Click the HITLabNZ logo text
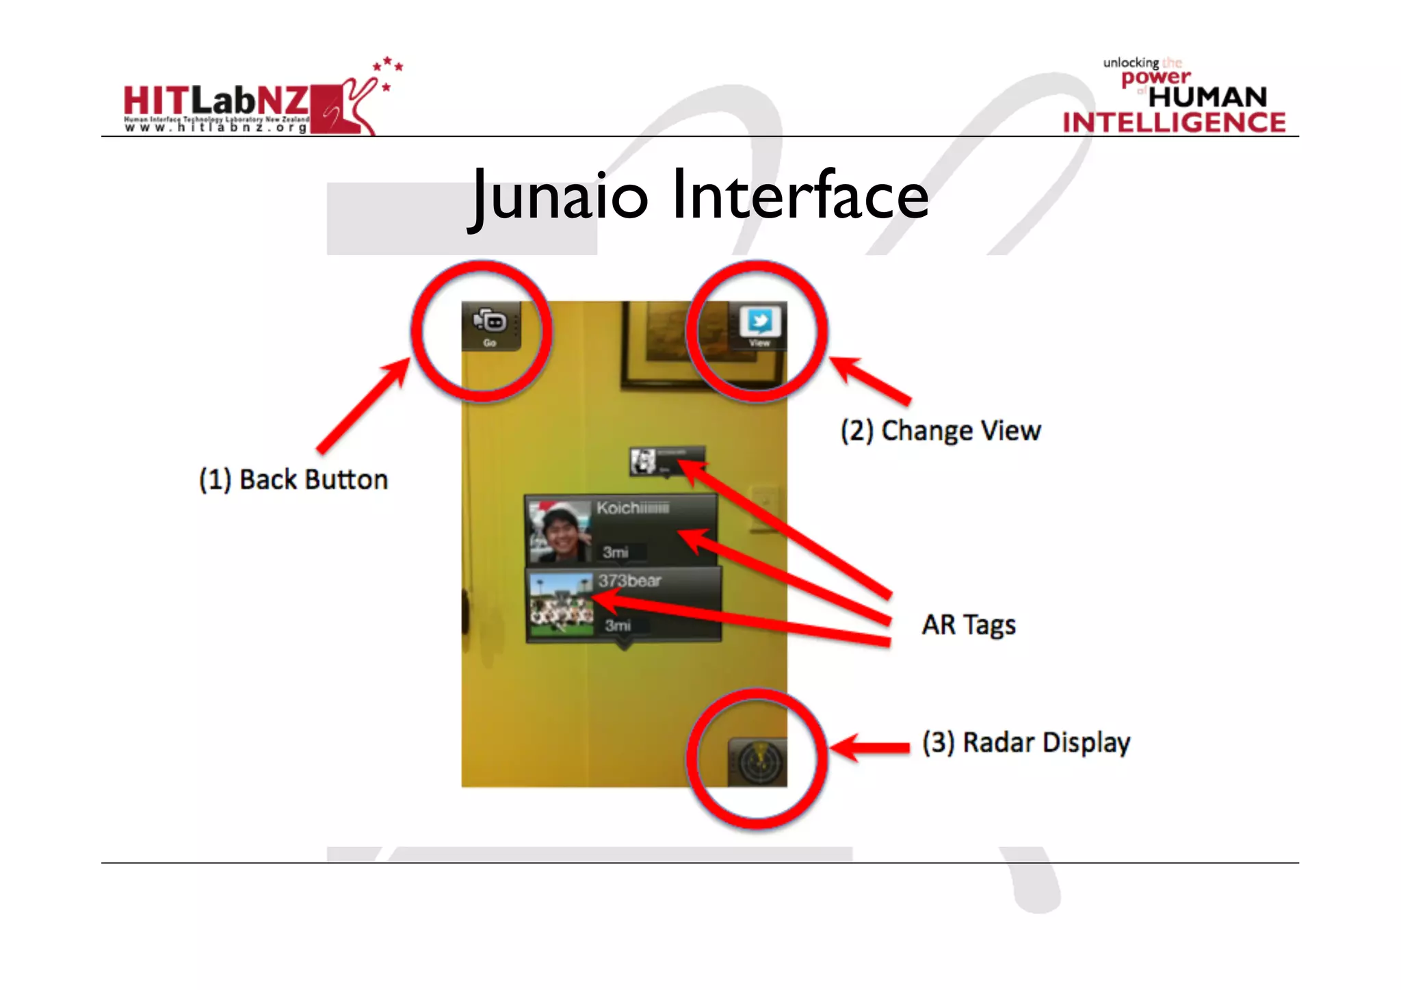(x=215, y=101)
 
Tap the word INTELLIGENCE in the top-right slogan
(x=1174, y=122)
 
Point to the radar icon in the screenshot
(x=757, y=761)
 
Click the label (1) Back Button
(x=293, y=480)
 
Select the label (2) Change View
(x=941, y=431)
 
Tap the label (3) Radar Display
(x=1026, y=742)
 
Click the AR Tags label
(x=968, y=625)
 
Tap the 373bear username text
(x=629, y=581)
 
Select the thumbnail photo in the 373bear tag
(x=562, y=605)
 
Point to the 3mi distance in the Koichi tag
(x=616, y=552)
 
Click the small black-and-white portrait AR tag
(x=643, y=461)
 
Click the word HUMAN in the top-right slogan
(x=1207, y=97)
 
